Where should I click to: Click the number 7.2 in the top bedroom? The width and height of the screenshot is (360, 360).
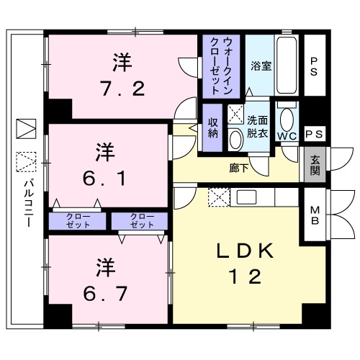tap(122, 88)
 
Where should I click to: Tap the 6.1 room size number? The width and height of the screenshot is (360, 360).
tap(105, 177)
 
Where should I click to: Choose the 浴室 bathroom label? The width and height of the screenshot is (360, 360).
tap(261, 66)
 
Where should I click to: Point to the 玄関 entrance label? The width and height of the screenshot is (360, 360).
tap(315, 165)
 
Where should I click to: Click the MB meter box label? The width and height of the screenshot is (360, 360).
tap(315, 215)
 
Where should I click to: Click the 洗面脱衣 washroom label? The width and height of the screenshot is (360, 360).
tap(257, 127)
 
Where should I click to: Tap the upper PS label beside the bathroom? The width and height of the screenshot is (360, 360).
tap(315, 66)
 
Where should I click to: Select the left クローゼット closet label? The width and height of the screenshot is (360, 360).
tap(78, 220)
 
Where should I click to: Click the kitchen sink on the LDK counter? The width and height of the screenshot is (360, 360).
tap(244, 196)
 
